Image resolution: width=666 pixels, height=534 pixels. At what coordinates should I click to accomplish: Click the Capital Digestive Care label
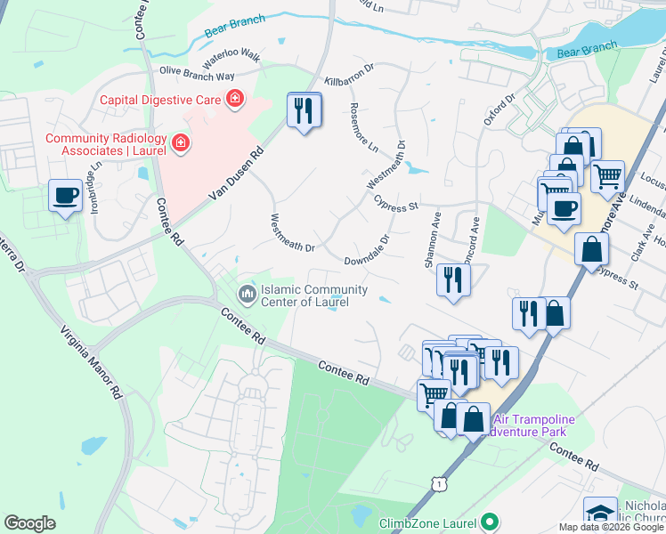coord(160,100)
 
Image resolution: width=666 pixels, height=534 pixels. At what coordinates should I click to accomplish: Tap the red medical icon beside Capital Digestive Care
coord(234,98)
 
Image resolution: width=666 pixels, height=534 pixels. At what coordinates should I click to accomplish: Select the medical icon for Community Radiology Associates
coord(181,142)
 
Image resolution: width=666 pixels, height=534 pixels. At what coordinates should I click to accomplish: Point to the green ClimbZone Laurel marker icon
coord(489,522)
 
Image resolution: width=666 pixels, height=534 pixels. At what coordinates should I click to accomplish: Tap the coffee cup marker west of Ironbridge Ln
coord(65,196)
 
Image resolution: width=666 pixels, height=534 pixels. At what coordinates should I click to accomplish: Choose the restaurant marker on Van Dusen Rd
coord(304,111)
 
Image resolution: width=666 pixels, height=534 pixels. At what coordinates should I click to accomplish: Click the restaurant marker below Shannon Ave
coord(453,281)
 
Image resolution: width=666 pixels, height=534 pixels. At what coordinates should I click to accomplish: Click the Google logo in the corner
coord(29,523)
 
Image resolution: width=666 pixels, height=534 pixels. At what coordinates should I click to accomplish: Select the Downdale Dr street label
coord(367,252)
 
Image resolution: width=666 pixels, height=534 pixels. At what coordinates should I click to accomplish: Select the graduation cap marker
coord(601,514)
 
